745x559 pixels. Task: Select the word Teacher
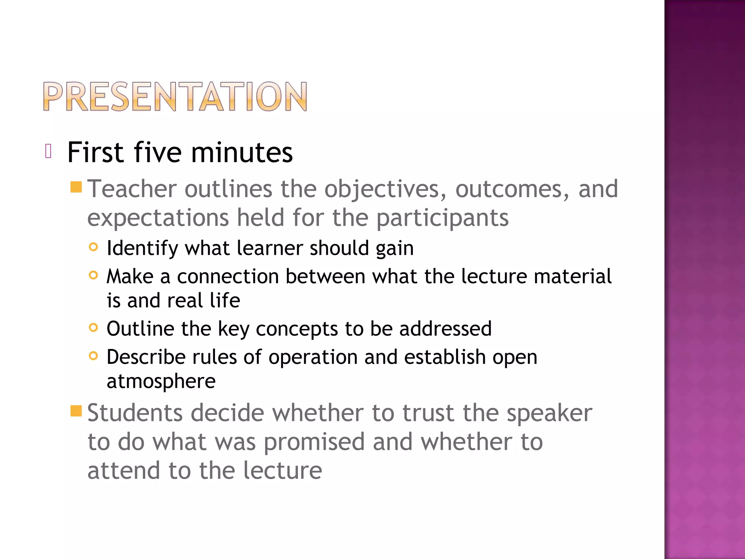[132, 189]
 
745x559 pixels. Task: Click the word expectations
[158, 218]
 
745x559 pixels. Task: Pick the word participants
[442, 218]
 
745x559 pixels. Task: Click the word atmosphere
[161, 381]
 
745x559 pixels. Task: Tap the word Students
[135, 413]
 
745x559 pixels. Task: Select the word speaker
[549, 414]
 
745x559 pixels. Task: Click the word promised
[314, 442]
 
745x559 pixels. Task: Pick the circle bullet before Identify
[93, 247]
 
